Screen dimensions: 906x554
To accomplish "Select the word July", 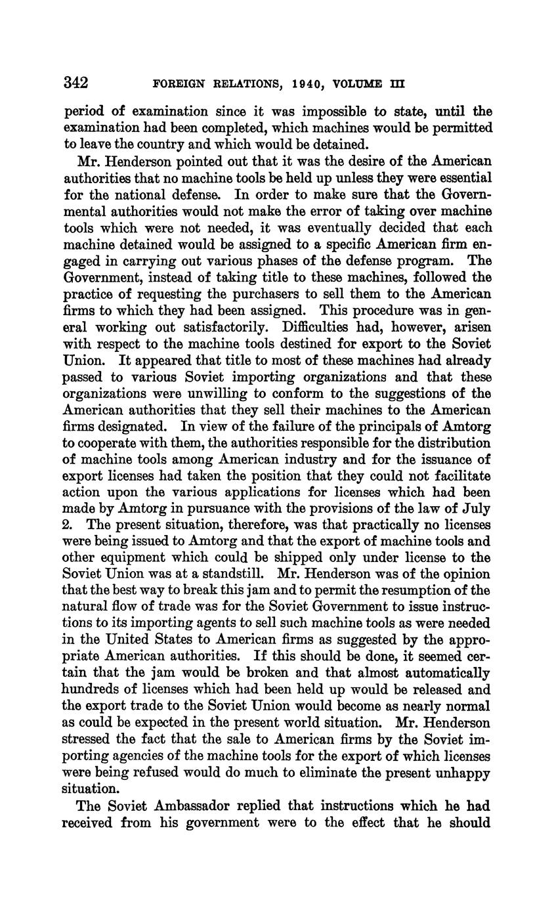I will coord(477,509).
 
